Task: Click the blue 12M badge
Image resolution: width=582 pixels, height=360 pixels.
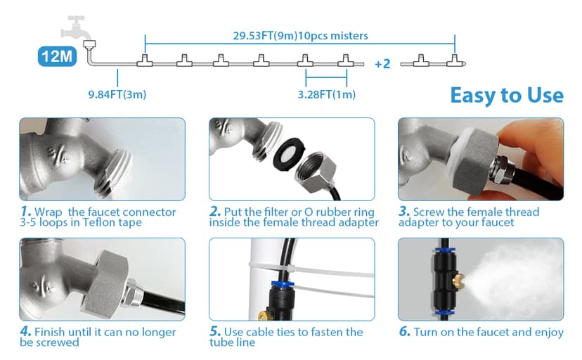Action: pos(57,56)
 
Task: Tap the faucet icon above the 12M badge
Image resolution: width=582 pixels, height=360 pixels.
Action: pos(76,27)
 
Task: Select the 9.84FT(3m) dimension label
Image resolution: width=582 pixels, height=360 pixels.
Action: pos(117,94)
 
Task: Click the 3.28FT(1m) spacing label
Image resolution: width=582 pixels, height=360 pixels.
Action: pos(327,94)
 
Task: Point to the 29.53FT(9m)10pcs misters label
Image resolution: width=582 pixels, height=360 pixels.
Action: pos(300,36)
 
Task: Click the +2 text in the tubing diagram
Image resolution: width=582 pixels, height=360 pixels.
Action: pos(382,64)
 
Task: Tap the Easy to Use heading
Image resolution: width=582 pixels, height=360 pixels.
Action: pos(507,95)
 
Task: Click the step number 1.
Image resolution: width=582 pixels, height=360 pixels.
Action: pos(25,211)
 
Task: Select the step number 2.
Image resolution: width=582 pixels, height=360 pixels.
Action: pos(215,211)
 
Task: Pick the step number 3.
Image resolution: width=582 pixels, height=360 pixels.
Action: pos(404,211)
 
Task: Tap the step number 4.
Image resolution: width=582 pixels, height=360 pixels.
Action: pos(25,331)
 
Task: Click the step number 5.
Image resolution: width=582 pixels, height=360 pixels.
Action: pos(215,331)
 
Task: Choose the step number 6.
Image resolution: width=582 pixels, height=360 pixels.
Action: pos(405,331)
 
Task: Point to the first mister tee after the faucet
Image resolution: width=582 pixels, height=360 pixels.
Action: pos(145,60)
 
